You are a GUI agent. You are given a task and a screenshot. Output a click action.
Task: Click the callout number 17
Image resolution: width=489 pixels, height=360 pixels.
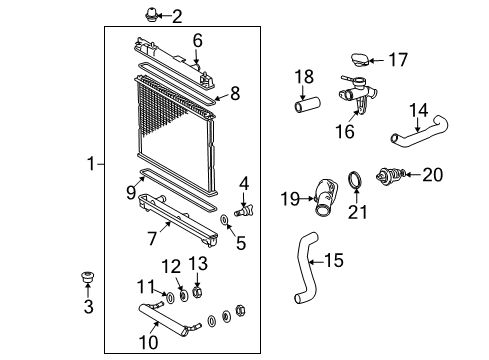[398, 60]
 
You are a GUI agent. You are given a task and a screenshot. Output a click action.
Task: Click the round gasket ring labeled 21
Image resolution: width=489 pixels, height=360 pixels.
[355, 181]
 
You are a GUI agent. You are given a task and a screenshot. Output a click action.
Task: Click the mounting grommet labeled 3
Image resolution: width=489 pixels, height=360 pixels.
[87, 277]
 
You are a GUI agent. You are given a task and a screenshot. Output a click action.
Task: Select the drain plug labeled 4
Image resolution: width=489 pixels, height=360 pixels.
[241, 211]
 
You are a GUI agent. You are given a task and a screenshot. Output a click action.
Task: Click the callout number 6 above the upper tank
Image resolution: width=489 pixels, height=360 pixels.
[198, 40]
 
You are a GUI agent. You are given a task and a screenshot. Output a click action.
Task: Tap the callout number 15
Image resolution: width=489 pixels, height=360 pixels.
[335, 262]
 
